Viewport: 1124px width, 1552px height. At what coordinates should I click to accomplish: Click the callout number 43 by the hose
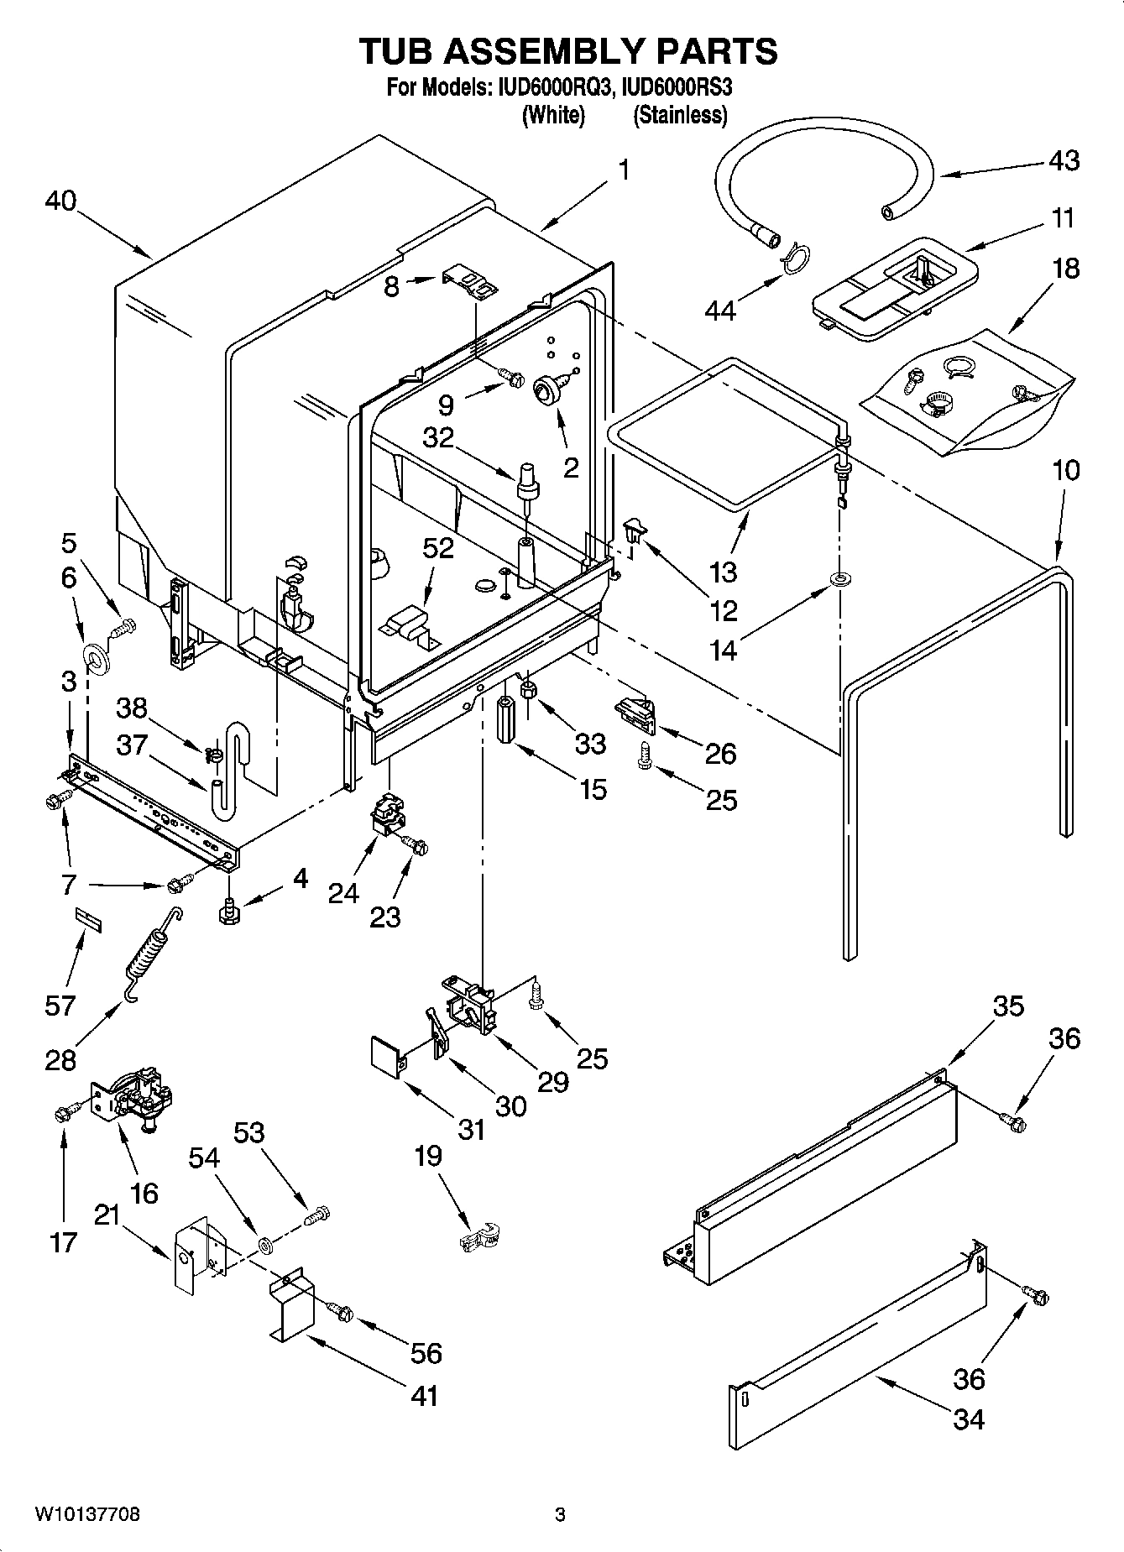1064,160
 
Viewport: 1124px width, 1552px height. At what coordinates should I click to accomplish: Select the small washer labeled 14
839,579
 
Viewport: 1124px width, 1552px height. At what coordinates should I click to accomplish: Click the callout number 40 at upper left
61,201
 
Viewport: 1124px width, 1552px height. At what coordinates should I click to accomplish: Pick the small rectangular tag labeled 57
88,917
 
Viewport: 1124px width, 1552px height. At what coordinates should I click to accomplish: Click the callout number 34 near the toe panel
968,1419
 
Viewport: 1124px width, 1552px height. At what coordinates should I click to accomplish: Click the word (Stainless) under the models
679,115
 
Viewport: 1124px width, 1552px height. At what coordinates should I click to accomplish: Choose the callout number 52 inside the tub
437,548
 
